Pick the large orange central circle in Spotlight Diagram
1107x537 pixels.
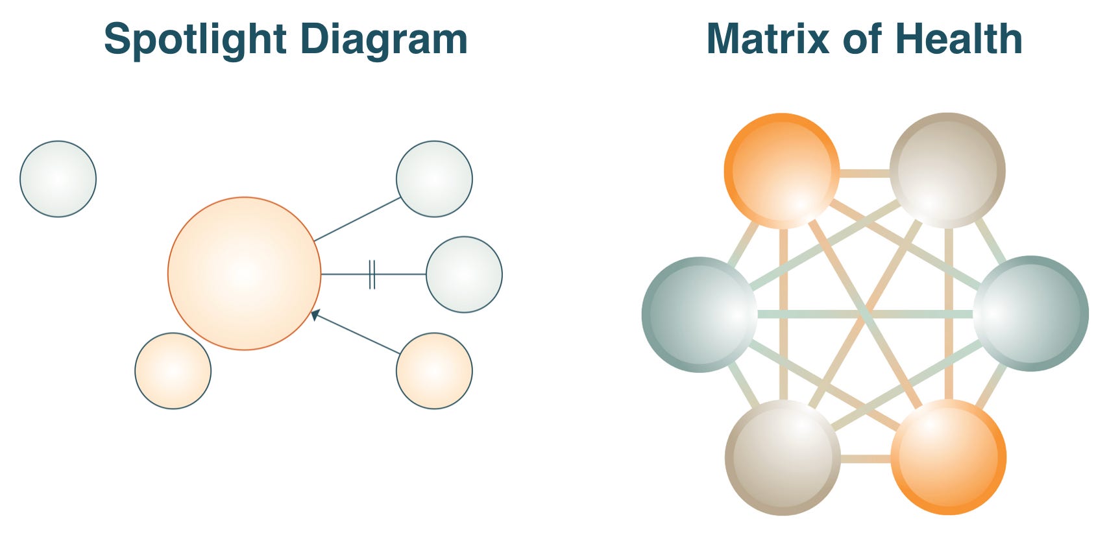click(244, 274)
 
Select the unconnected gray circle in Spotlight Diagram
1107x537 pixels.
click(58, 179)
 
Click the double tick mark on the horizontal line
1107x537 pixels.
click(372, 274)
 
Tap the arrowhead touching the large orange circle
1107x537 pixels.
click(315, 315)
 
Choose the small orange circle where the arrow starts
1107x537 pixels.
click(434, 371)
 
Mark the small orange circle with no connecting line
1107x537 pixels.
click(173, 371)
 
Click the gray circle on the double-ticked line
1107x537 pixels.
click(464, 274)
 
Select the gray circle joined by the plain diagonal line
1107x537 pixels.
click(434, 179)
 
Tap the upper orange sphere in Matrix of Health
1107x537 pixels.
click(782, 171)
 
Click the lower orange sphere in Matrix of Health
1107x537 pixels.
click(948, 457)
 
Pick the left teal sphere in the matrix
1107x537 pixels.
click(699, 315)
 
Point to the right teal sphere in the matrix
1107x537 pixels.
click(1030, 314)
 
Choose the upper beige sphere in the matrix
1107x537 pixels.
click(947, 171)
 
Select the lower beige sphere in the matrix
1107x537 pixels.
click(783, 457)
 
